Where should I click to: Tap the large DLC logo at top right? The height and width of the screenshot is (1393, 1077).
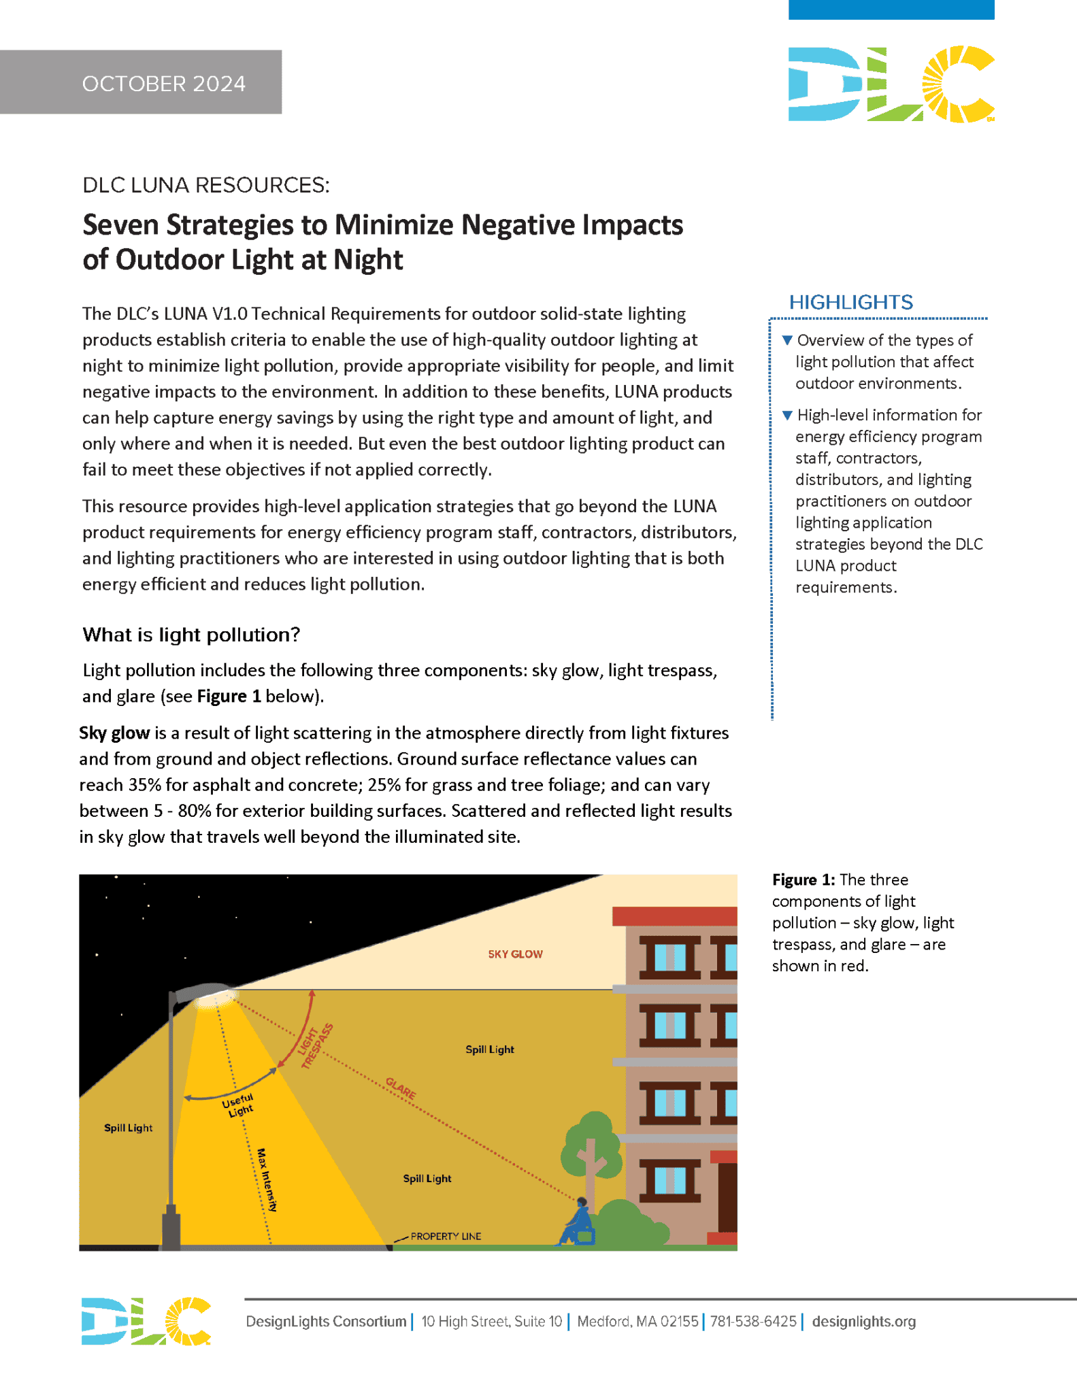(891, 84)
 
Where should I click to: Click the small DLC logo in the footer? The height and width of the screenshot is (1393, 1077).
(146, 1321)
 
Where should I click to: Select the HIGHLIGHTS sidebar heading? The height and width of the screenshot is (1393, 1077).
(850, 302)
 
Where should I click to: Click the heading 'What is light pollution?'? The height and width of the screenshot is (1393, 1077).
(191, 635)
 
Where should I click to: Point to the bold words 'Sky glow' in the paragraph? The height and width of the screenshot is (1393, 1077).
(114, 733)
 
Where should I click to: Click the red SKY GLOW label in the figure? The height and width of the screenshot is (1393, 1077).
(515, 954)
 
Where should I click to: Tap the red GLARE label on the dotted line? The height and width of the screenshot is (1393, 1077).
(401, 1088)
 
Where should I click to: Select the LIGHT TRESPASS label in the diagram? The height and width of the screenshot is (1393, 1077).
(316, 1046)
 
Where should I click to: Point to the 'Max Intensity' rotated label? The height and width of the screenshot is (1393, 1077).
(267, 1179)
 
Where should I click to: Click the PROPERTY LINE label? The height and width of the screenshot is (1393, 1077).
(446, 1236)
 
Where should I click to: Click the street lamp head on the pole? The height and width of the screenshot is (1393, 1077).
(208, 993)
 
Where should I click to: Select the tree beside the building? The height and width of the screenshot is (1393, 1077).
(591, 1149)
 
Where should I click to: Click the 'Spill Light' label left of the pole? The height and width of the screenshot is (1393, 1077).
(128, 1128)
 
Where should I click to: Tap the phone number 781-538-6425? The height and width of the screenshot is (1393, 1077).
(752, 1321)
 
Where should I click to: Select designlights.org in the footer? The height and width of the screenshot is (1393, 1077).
(863, 1321)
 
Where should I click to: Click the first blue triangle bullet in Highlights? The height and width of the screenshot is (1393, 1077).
(787, 340)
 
